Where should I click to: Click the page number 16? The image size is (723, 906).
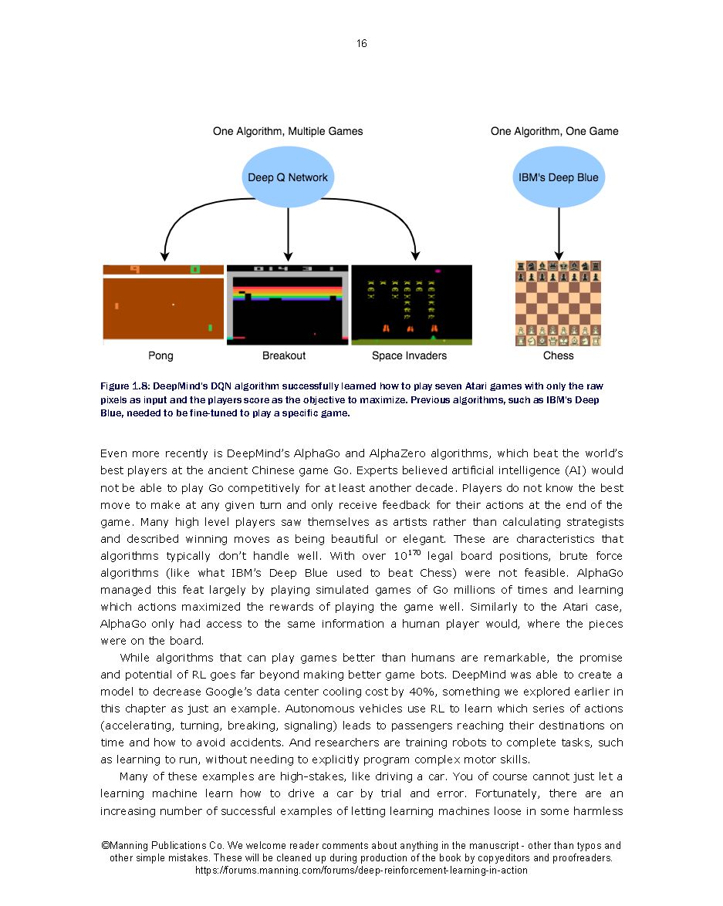coord(361,43)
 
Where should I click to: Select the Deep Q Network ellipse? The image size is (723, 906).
coord(287,177)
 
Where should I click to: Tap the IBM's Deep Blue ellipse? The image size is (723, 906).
coord(558,177)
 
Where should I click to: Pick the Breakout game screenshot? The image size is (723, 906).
coord(287,305)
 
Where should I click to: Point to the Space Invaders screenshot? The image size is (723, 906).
coord(411,305)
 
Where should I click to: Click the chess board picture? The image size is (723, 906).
coord(558,303)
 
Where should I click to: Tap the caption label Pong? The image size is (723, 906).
coord(160,355)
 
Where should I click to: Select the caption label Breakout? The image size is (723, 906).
coord(284,355)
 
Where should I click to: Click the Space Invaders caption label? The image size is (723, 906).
coord(409,355)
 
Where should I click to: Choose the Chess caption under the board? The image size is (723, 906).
coord(558,355)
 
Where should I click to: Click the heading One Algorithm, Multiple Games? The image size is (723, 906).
coord(288,131)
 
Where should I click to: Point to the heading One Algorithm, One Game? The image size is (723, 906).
coord(554,131)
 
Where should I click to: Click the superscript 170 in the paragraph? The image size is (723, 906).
coord(414,552)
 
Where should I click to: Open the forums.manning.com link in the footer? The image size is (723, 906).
coord(361,870)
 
